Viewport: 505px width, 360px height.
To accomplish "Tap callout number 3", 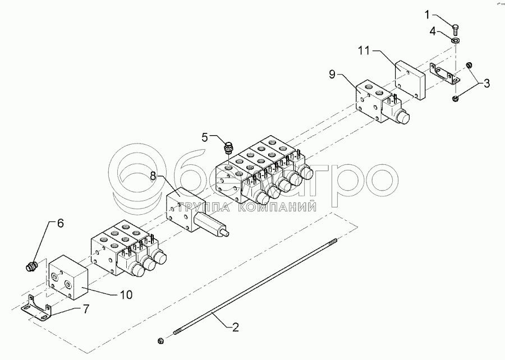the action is click(487, 84).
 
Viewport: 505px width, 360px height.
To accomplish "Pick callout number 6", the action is click(61, 223).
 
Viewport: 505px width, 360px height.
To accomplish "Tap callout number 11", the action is click(364, 50).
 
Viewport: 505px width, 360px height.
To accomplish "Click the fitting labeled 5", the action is click(228, 147).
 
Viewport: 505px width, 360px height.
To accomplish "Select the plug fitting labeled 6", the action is click(31, 265).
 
